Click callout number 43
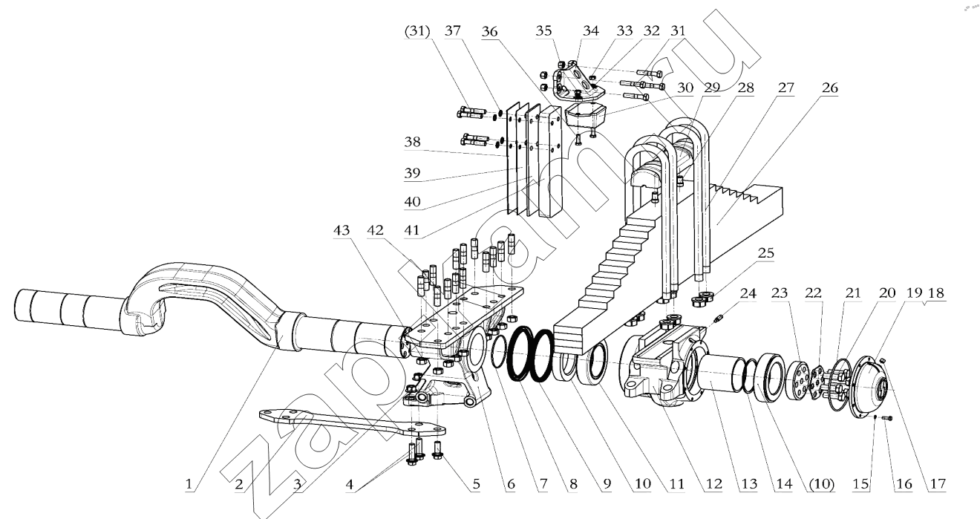pyautogui.click(x=342, y=230)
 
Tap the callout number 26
pyautogui.click(x=829, y=88)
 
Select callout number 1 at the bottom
pyautogui.click(x=189, y=484)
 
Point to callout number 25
pyautogui.click(x=766, y=253)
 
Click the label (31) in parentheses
pyautogui.click(x=417, y=31)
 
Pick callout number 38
pyautogui.click(x=412, y=142)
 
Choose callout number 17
pyautogui.click(x=938, y=483)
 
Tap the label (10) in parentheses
pyautogui.click(x=822, y=483)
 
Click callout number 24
pyautogui.click(x=748, y=293)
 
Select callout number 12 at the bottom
pyautogui.click(x=713, y=483)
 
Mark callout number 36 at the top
pyautogui.click(x=489, y=31)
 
